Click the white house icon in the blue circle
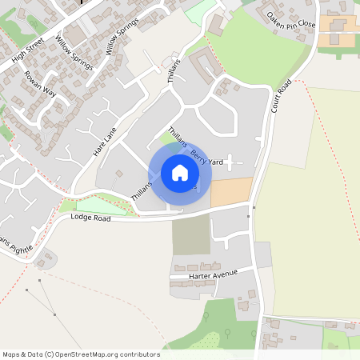coord(179,173)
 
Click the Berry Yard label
coord(206,155)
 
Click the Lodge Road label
coord(90,217)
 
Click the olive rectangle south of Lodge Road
coord(190,234)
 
